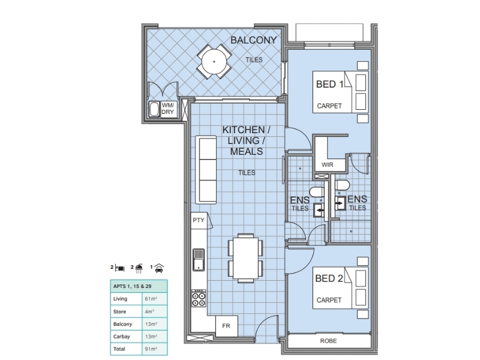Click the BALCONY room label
click(x=253, y=40)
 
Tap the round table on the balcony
click(x=214, y=62)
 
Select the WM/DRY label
click(x=168, y=109)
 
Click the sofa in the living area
click(x=206, y=170)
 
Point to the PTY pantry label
click(x=199, y=220)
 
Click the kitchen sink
click(x=199, y=260)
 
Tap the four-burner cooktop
click(x=199, y=298)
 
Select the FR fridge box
click(x=227, y=326)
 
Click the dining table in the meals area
click(x=245, y=258)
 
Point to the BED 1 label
click(x=329, y=84)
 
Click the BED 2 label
click(x=329, y=278)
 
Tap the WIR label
click(x=327, y=164)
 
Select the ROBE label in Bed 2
click(x=328, y=341)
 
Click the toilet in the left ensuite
click(x=317, y=192)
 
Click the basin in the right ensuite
click(x=340, y=203)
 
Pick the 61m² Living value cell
click(x=155, y=299)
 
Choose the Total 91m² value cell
click(x=155, y=349)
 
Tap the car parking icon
click(x=159, y=268)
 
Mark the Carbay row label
click(x=122, y=337)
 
